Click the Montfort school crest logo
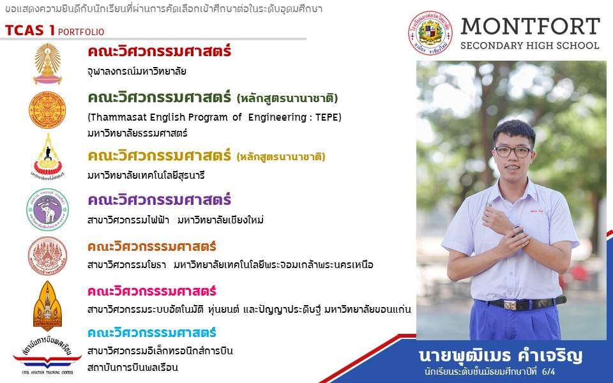[x=430, y=33]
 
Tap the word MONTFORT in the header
[x=530, y=27]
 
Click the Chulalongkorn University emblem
[x=47, y=64]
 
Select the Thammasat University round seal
[x=47, y=110]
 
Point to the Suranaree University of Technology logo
[x=47, y=156]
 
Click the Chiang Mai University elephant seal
[x=47, y=209]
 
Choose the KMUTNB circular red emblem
[x=47, y=256]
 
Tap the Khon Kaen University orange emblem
[x=47, y=306]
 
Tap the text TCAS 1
[x=30, y=31]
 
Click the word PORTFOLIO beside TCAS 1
[x=81, y=32]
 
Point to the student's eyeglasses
[x=513, y=151]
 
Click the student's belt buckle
[x=510, y=305]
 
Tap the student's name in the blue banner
[x=501, y=356]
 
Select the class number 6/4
[x=549, y=372]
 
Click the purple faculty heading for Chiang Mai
[x=160, y=200]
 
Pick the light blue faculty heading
[x=152, y=333]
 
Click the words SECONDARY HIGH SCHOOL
[x=530, y=46]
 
